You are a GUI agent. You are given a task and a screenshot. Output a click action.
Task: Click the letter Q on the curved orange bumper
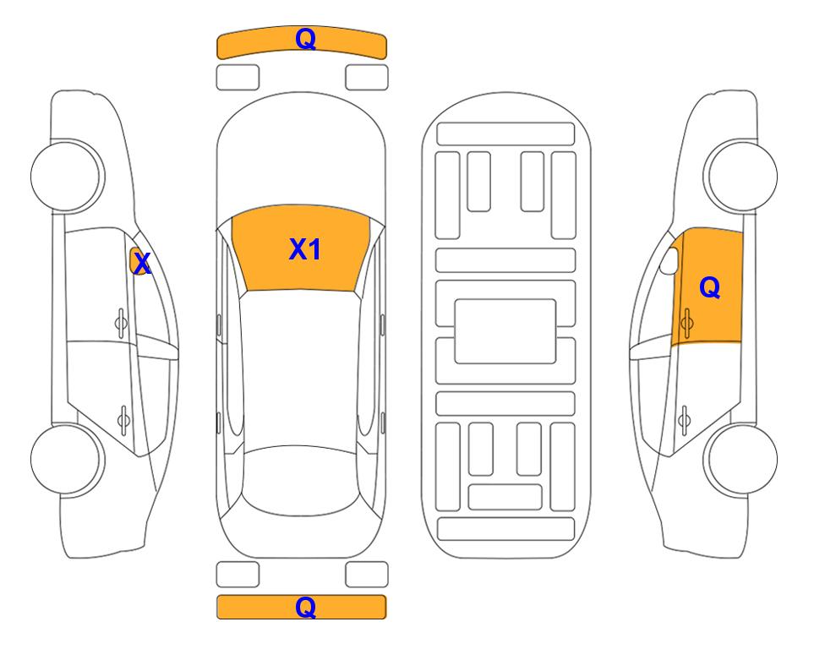[x=306, y=39]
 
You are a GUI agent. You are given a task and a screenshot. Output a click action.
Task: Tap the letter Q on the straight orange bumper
[x=306, y=607]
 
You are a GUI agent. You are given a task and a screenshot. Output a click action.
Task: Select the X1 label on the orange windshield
[x=305, y=249]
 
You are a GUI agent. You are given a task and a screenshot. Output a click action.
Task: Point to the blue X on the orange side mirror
[x=142, y=264]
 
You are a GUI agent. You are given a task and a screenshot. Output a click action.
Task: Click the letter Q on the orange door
[x=710, y=287]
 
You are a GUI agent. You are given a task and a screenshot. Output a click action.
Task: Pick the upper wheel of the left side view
[x=68, y=176]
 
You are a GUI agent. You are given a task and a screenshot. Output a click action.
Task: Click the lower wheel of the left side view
[x=68, y=459]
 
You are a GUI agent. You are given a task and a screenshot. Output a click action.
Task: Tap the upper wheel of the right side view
[x=740, y=176]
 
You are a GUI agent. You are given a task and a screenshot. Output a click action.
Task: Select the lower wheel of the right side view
[x=740, y=459]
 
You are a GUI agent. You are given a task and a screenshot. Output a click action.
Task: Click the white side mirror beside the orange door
[x=669, y=260]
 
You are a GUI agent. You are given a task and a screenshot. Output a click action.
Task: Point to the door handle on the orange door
[x=686, y=323]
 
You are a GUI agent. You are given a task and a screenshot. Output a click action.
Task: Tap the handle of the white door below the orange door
[x=684, y=419]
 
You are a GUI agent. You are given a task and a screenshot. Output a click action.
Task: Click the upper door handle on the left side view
[x=121, y=323]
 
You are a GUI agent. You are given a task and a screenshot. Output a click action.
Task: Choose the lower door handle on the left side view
[x=123, y=419]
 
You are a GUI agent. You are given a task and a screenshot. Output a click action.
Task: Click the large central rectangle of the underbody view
[x=505, y=331]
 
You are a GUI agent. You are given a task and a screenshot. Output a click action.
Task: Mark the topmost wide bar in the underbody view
[x=505, y=134]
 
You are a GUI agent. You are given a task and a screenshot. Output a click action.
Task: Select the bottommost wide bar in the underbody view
[x=506, y=528]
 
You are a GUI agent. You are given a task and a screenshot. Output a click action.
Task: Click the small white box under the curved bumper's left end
[x=238, y=78]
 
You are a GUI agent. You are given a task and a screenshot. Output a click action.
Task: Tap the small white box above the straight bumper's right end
[x=367, y=575]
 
